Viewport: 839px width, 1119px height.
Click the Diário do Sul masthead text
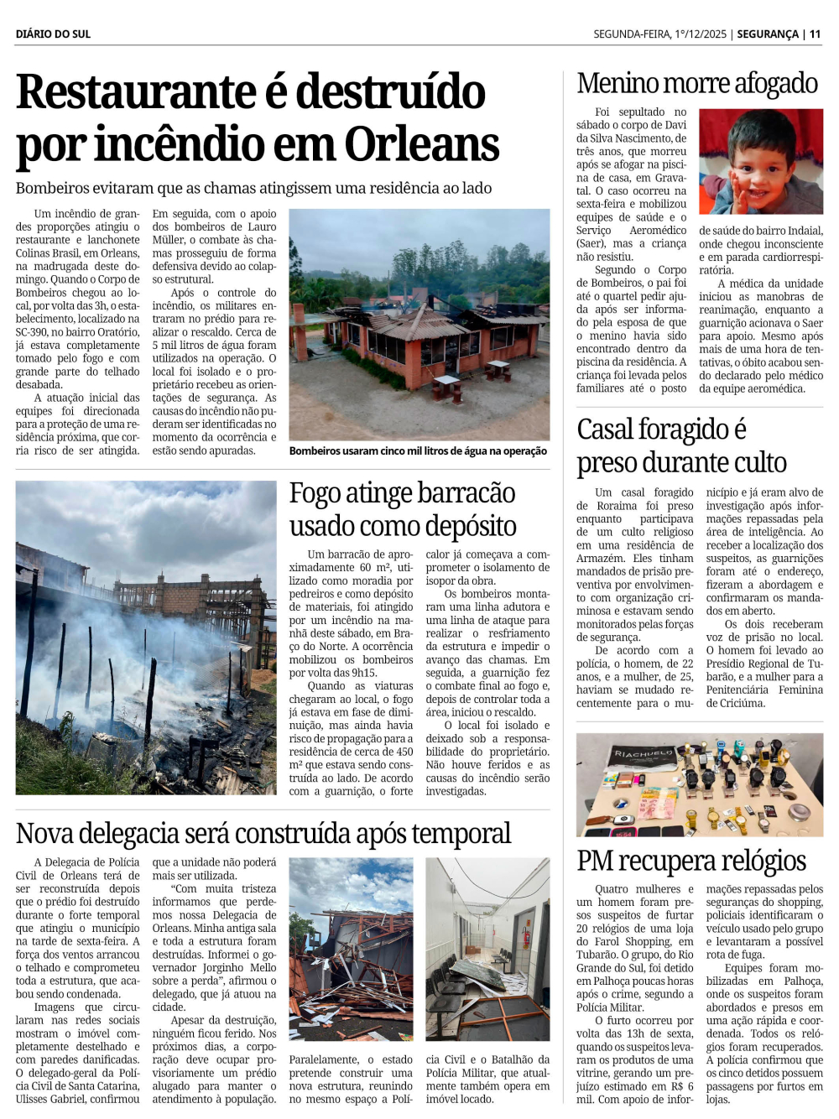53,34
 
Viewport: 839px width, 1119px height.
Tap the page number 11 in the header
815,34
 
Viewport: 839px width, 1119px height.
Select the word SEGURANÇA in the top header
767,34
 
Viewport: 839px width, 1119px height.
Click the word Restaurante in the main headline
136,91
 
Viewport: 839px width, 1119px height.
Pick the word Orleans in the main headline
422,144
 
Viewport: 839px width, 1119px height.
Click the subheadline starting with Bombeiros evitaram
253,188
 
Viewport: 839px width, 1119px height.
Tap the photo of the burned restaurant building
419,325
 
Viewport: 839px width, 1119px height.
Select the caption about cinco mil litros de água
418,451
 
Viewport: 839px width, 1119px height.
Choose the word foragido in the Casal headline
685,429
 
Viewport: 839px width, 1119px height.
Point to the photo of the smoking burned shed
146,638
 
